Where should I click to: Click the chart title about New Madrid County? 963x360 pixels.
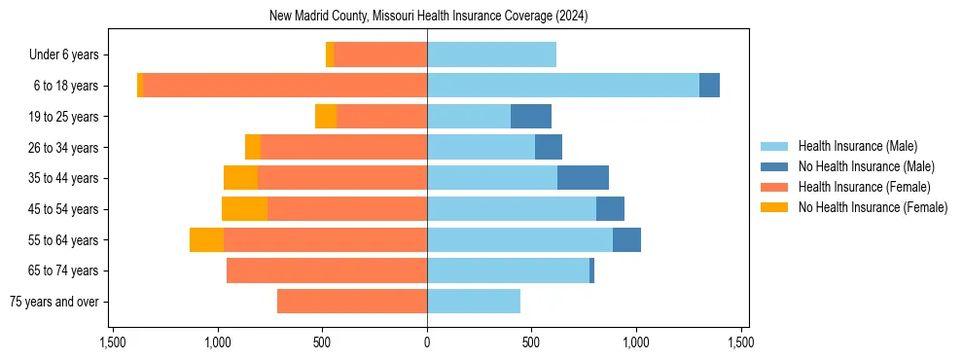click(428, 17)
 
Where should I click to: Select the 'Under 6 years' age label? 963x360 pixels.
click(70, 55)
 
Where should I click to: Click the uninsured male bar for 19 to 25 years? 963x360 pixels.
click(531, 117)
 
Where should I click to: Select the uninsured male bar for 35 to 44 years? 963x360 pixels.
click(583, 178)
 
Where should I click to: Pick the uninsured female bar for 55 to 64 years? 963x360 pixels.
click(206, 240)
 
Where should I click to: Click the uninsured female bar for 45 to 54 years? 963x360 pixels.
click(244, 209)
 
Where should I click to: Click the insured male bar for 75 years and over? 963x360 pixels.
click(474, 302)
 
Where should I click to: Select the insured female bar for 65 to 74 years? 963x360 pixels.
click(327, 270)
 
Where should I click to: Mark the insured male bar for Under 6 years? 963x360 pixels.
click(491, 55)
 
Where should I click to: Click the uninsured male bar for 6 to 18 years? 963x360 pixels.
click(709, 86)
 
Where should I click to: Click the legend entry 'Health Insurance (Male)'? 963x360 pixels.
click(857, 146)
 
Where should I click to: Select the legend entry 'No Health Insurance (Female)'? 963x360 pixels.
click(873, 207)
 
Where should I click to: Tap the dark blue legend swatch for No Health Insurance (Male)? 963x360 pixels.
click(774, 166)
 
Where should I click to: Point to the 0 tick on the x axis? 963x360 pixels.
click(427, 343)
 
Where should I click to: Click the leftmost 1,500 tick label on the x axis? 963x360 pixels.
click(113, 343)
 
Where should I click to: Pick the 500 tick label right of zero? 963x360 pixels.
click(531, 343)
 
